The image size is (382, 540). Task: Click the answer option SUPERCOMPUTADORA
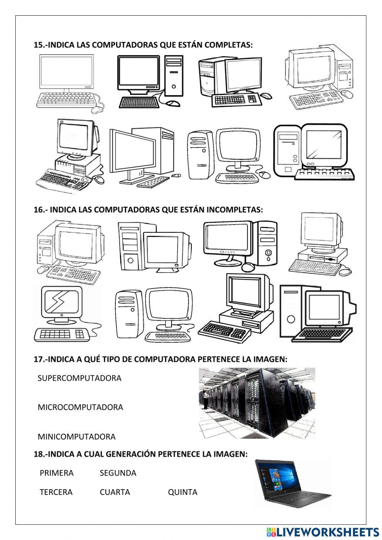point(79,378)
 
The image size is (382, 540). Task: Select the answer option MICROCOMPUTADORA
point(80,407)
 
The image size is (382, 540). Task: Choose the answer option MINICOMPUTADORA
point(76,436)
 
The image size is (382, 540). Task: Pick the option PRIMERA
point(57,473)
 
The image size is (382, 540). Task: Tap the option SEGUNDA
point(118,473)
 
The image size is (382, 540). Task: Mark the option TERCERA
point(56,492)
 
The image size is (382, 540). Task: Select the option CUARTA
point(115,492)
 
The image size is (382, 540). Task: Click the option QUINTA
point(183,492)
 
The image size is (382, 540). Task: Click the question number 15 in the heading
point(39,45)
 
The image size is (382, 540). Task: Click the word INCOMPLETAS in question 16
point(235,209)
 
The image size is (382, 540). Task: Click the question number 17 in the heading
point(39,359)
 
